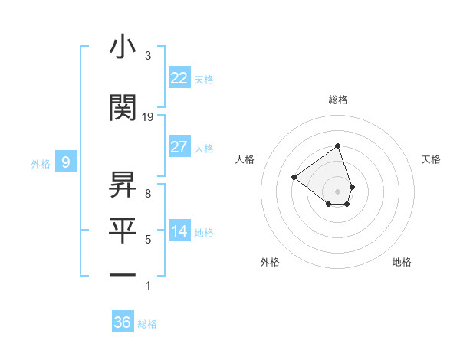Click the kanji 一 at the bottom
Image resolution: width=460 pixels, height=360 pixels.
123,273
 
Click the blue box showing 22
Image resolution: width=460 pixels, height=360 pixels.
179,78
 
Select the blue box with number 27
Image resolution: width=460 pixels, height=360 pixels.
179,147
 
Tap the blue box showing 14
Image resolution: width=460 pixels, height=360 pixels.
179,232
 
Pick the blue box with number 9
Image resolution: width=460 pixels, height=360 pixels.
66,162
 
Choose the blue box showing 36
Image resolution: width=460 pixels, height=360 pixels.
123,322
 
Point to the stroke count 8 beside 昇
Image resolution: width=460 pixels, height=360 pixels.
148,193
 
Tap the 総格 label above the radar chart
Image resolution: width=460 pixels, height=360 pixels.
337,100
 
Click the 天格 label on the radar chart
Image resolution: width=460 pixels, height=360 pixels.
432,159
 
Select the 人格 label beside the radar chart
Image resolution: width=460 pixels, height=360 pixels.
245,159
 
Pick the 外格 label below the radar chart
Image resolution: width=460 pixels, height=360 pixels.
270,262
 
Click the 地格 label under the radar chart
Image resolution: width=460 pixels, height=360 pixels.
402,262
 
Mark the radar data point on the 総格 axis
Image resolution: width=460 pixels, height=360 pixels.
337,146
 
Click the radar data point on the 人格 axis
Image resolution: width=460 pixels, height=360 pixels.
294,177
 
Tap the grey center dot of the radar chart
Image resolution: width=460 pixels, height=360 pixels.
337,191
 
